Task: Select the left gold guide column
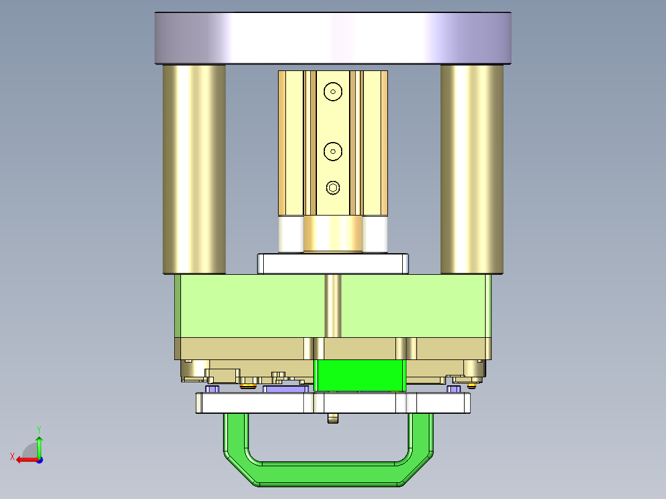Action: [x=193, y=169]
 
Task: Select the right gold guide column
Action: [x=471, y=169]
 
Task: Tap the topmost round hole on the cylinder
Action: [x=333, y=91]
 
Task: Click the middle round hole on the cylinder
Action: [x=333, y=150]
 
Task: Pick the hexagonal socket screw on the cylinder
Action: [x=333, y=188]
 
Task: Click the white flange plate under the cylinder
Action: [x=333, y=264]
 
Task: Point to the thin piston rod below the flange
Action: [x=333, y=306]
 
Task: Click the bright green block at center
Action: [x=361, y=375]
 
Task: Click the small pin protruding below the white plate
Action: [x=334, y=419]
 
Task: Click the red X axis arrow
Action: [x=23, y=459]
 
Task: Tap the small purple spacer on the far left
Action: [x=213, y=389]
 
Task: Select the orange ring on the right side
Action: [x=473, y=386]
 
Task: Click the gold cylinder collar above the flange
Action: [x=333, y=235]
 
